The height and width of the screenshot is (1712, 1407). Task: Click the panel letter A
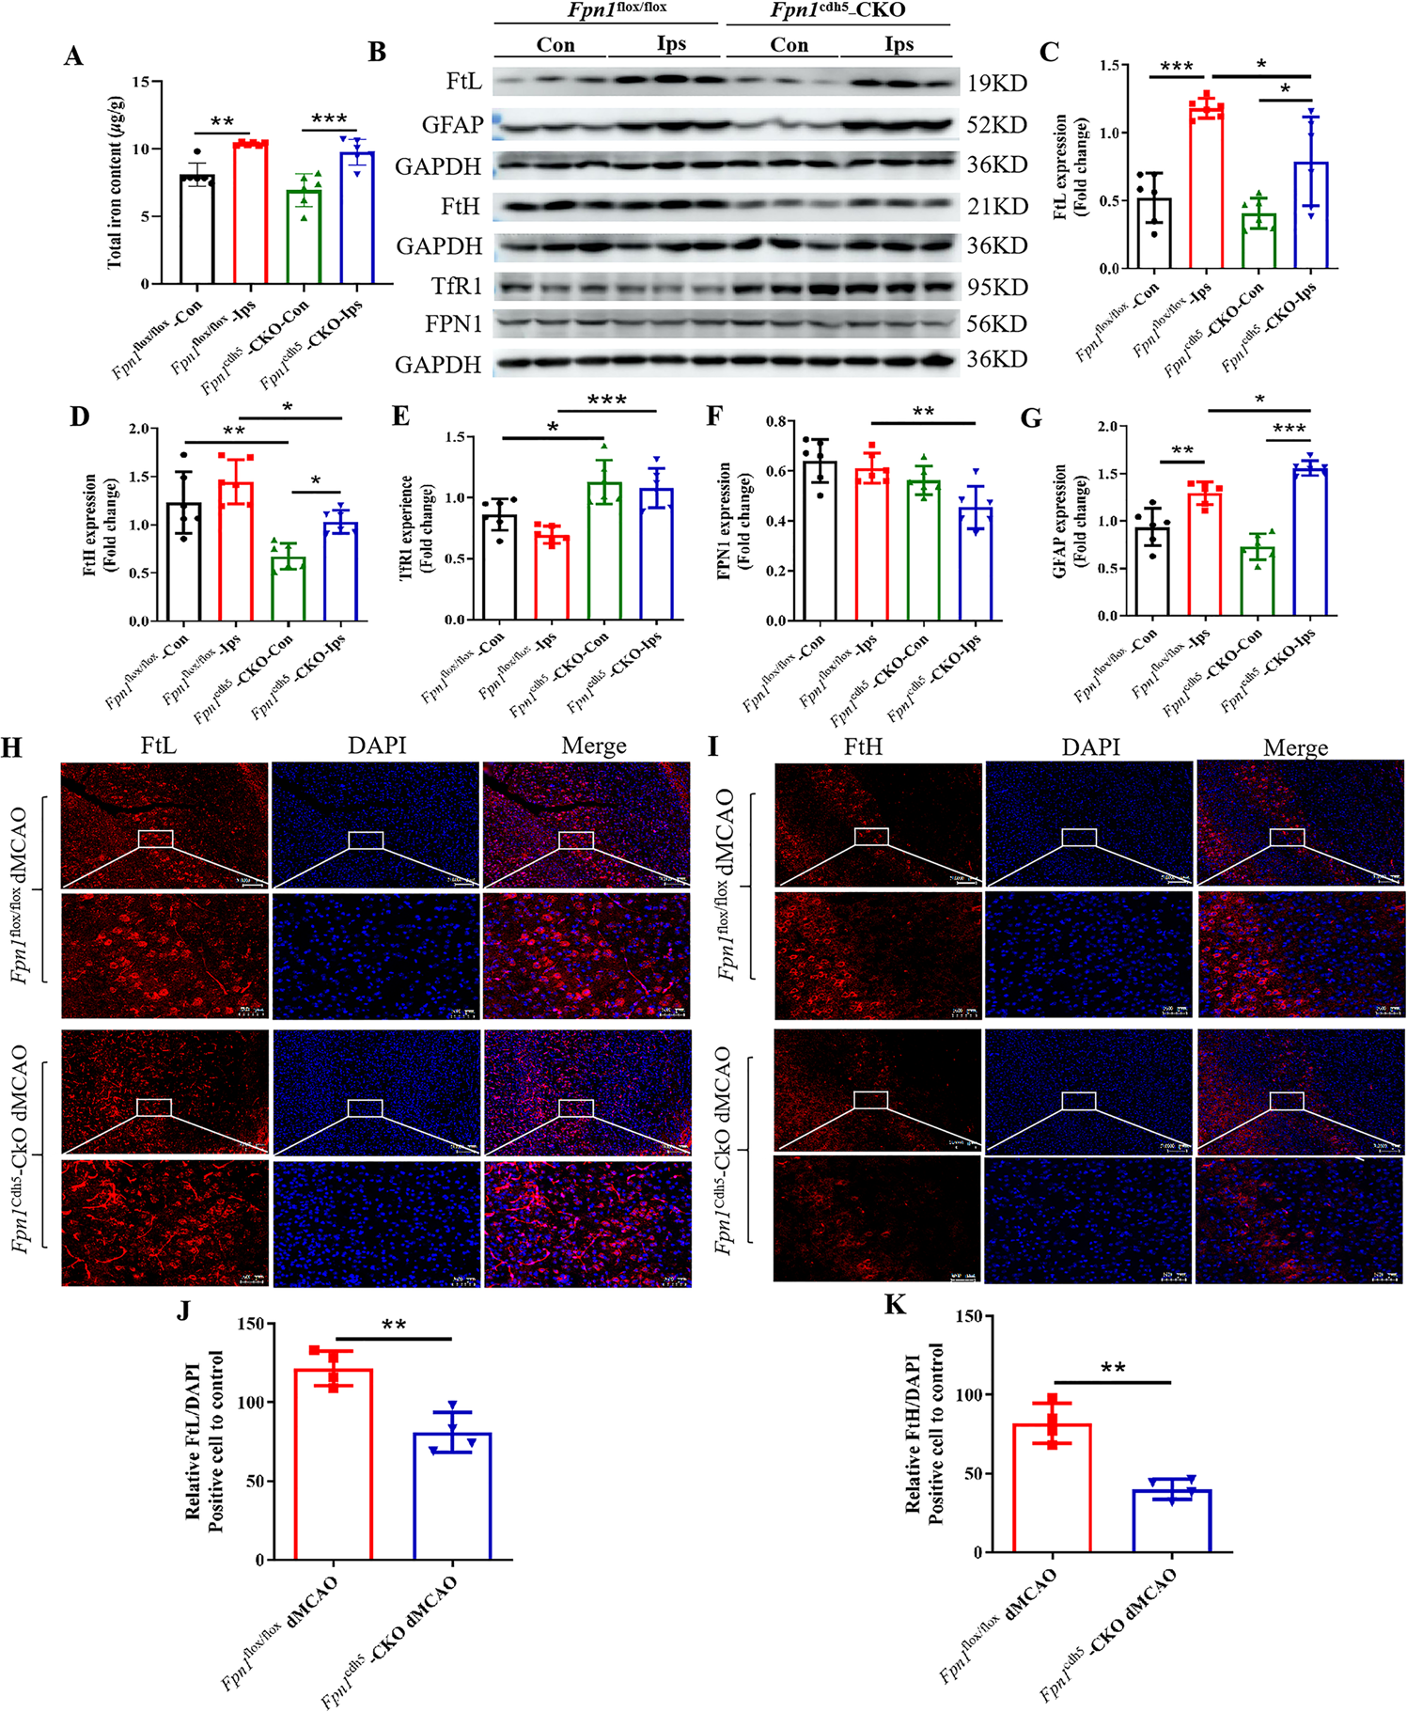tap(73, 56)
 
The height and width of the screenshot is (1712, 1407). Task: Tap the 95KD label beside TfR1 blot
tap(997, 287)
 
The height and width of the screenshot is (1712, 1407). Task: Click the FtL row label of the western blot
tap(464, 82)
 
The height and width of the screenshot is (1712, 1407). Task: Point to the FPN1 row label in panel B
tap(454, 323)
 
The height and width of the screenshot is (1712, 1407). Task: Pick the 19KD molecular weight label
tap(997, 84)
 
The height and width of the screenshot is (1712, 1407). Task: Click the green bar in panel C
tap(1258, 242)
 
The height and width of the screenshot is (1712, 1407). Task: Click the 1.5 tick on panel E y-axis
tap(454, 437)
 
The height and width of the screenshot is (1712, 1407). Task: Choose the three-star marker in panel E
tap(606, 401)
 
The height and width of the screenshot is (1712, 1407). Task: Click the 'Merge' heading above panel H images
tap(594, 746)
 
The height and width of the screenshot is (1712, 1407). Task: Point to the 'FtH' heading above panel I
tap(863, 746)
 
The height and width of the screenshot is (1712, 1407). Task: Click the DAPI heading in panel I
tap(1090, 746)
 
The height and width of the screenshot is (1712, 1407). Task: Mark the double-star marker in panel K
tap(1113, 1368)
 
